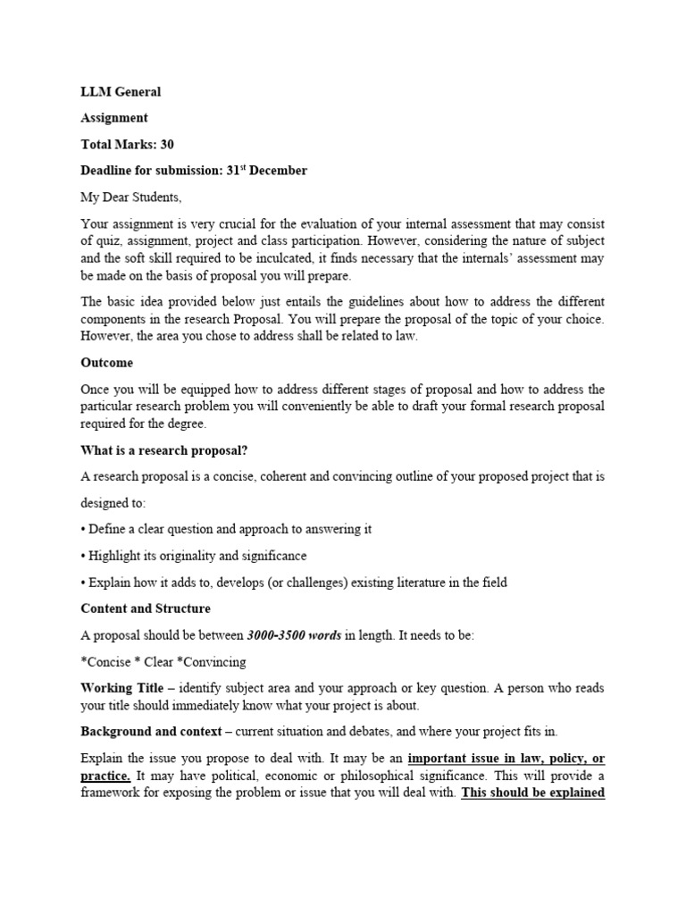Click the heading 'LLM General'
(121, 91)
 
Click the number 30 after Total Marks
(166, 144)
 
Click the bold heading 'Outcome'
(106, 363)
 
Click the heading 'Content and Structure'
(146, 609)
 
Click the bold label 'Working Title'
(122, 688)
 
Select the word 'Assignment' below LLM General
(114, 118)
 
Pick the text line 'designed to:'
(113, 503)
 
